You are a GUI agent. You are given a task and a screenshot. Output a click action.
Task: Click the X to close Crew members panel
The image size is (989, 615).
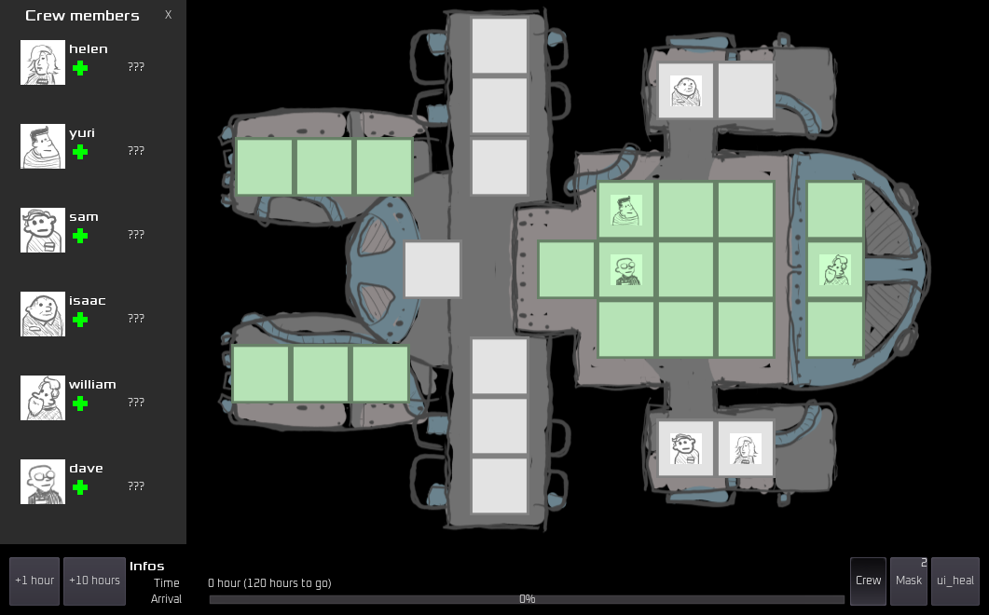168,15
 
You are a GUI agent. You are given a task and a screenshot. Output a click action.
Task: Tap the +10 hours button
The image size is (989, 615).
94,581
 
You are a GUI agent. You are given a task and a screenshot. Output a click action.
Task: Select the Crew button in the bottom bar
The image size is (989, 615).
868,581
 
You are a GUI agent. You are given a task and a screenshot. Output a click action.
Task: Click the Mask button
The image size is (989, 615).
909,581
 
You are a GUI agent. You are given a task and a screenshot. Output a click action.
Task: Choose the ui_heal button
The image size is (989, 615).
955,581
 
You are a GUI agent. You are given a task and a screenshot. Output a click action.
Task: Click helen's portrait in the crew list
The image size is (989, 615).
43,62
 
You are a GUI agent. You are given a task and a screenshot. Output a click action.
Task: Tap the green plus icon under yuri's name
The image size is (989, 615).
80,152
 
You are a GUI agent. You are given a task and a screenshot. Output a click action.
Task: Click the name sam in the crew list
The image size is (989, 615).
84,217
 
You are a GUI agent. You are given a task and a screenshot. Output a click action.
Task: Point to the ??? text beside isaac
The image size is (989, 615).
136,318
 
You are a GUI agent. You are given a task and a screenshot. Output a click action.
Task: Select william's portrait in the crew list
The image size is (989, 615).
43,398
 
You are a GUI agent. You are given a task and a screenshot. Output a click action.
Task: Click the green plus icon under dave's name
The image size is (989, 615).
80,487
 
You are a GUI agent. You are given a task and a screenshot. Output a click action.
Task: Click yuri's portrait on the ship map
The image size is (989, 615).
626,210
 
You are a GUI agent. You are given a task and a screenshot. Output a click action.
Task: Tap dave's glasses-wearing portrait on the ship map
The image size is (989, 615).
626,270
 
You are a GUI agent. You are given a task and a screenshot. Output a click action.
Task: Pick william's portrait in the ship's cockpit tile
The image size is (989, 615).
835,270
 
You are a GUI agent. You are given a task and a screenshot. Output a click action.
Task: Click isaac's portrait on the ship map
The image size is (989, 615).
686,90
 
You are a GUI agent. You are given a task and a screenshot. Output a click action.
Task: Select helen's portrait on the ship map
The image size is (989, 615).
746,448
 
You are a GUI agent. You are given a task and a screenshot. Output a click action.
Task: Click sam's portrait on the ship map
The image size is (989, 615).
686,448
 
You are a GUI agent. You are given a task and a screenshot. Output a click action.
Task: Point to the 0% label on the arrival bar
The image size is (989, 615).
528,598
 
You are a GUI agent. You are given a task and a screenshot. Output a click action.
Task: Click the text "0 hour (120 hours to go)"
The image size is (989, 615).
269,582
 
